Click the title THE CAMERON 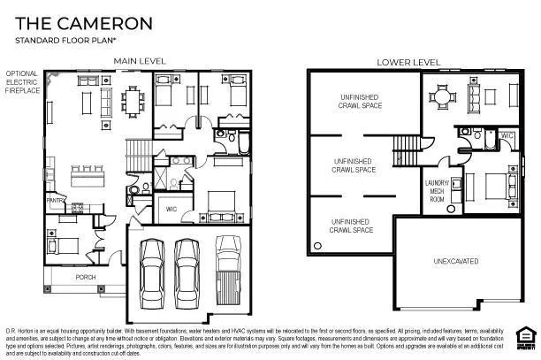80,22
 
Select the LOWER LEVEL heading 408,61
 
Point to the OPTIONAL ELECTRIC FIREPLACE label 23,82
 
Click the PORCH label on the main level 86,277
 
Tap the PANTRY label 56,200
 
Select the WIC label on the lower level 507,136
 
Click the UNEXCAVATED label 455,261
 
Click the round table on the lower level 445,97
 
